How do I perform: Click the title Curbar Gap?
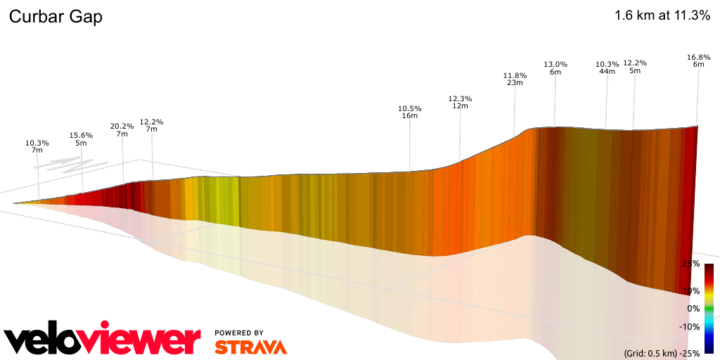(x=56, y=17)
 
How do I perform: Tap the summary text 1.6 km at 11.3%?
(x=662, y=15)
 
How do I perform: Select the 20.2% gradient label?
(x=122, y=127)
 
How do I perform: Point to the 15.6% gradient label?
(x=81, y=135)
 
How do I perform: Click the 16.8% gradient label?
(x=698, y=56)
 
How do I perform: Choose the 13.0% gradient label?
(x=555, y=64)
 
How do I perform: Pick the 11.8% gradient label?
(x=515, y=75)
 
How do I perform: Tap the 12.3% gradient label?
(x=460, y=98)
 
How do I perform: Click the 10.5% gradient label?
(x=409, y=108)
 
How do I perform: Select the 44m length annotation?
(x=607, y=71)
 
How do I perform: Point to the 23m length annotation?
(x=515, y=82)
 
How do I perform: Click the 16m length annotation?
(x=409, y=115)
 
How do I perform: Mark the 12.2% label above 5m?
(x=635, y=63)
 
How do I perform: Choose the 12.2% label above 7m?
(x=151, y=122)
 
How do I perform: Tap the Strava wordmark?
(x=250, y=347)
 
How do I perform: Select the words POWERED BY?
(x=239, y=333)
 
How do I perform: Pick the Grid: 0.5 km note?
(x=649, y=353)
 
